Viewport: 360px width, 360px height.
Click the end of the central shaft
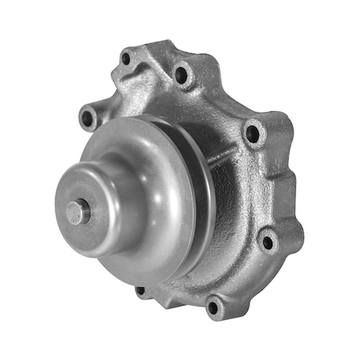76,211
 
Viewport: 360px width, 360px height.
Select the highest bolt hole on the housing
126,58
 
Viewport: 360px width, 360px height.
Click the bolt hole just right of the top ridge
181,76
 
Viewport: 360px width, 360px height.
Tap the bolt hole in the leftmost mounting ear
86,118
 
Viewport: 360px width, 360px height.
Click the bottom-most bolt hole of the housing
214,305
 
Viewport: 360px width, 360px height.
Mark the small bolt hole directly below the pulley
141,290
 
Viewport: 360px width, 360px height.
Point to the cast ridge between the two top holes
152,64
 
